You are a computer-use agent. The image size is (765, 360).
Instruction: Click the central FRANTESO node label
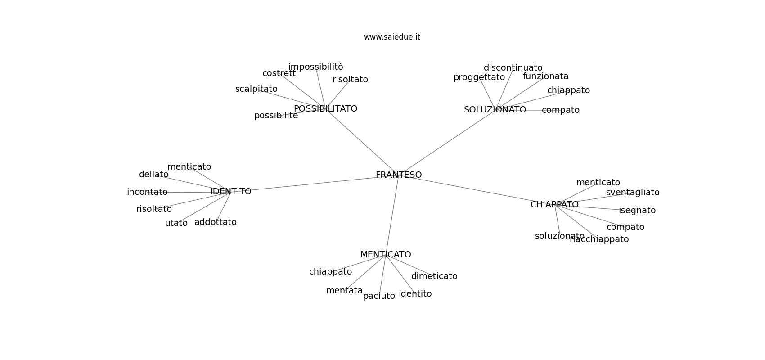point(399,175)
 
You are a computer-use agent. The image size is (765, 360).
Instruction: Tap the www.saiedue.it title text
point(392,37)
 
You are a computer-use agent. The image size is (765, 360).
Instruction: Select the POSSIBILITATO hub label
point(325,108)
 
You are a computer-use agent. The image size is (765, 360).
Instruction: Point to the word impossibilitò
point(316,67)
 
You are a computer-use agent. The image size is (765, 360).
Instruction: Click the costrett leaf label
point(279,73)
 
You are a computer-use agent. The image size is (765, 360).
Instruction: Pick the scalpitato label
point(256,89)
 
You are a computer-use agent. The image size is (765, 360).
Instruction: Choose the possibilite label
point(276,116)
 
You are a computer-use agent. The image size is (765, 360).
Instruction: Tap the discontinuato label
point(513,67)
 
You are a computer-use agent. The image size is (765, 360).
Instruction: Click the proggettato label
point(479,77)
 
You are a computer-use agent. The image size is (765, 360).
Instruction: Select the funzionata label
point(546,76)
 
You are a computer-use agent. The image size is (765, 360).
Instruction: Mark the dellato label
point(154,175)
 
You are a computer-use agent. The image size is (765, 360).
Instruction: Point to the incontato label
point(147,192)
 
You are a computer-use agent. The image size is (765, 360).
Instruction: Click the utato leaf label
point(176,223)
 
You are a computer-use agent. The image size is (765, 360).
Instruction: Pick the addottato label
point(216,222)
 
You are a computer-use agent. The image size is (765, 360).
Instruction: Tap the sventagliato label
point(633,193)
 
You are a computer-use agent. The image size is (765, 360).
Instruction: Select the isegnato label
point(637,211)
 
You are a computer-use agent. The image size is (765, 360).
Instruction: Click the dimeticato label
point(434,276)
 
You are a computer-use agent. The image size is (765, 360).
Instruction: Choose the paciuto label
point(379,296)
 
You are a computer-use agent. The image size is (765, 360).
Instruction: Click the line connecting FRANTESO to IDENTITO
point(314,184)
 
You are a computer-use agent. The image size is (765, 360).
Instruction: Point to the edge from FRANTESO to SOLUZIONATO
point(447,143)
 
